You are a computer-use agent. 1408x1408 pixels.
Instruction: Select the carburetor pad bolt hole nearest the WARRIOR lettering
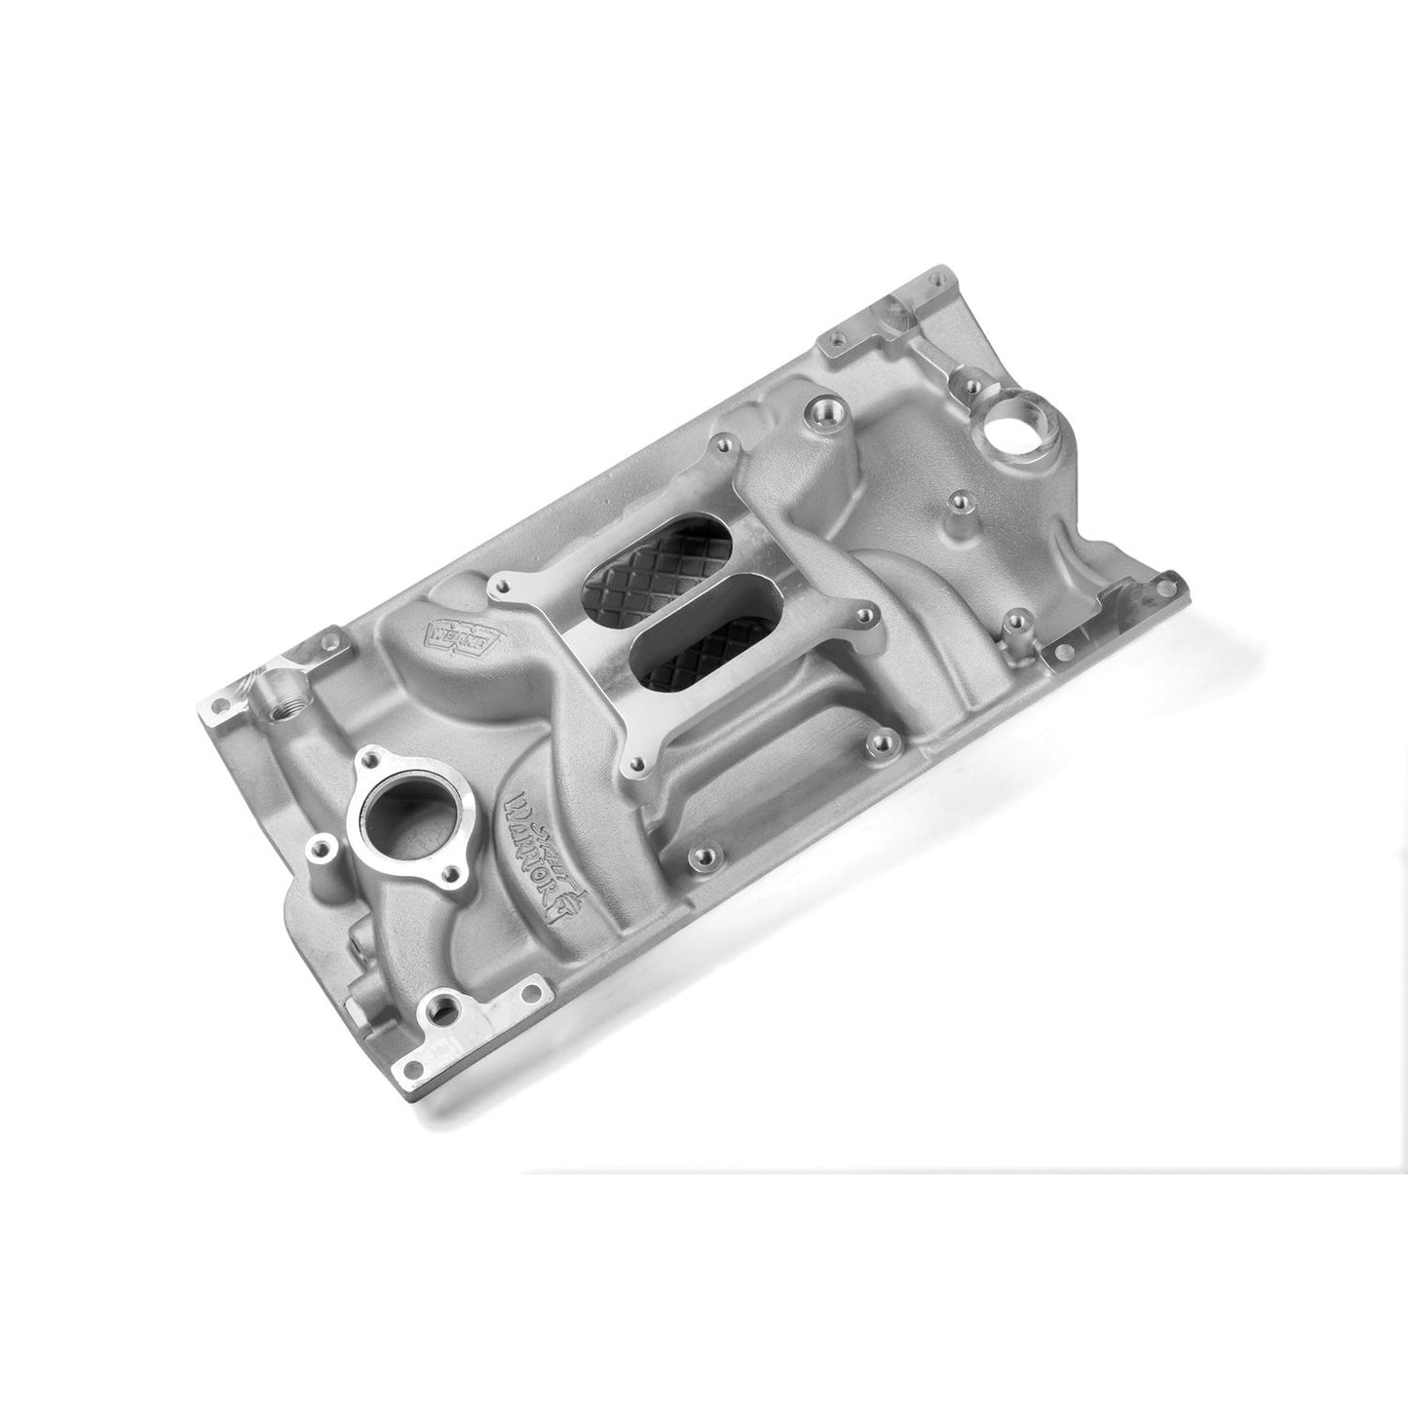click(x=636, y=766)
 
